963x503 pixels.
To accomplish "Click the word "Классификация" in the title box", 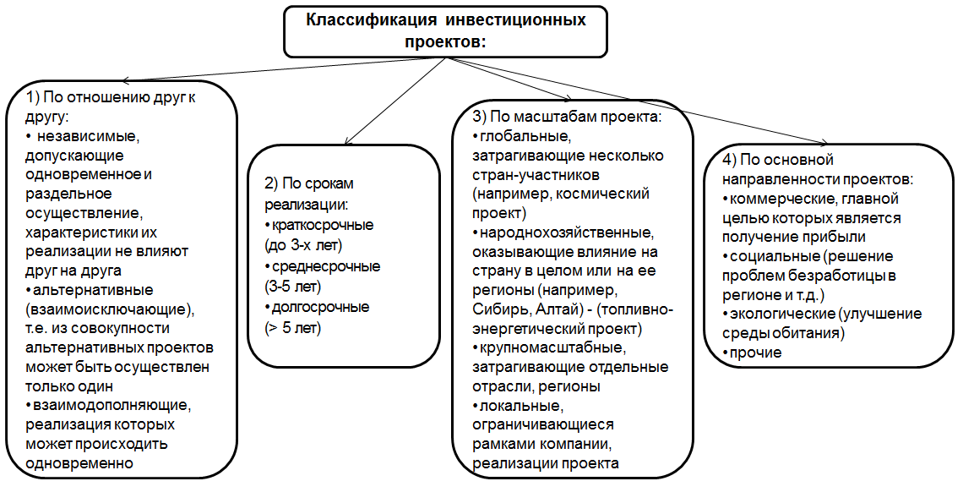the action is click(x=370, y=20).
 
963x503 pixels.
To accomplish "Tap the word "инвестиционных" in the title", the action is click(x=515, y=20).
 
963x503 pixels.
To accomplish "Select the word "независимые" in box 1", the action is click(x=88, y=136).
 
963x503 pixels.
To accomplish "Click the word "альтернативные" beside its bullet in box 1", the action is click(x=93, y=290).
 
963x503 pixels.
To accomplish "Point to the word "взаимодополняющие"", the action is click(x=112, y=405).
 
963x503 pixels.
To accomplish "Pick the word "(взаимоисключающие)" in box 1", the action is click(x=109, y=309).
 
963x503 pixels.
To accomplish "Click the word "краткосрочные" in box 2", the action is click(x=323, y=225).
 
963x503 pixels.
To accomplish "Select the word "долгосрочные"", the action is click(x=321, y=308).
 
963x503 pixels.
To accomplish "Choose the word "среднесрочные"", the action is click(x=326, y=266).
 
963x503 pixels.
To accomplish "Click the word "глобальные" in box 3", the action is click(x=525, y=136).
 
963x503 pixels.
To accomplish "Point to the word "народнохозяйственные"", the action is click(x=566, y=233).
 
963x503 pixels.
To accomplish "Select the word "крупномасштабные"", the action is click(x=552, y=347).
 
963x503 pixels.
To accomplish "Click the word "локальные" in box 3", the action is click(x=521, y=406).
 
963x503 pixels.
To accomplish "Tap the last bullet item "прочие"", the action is click(x=755, y=353).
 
